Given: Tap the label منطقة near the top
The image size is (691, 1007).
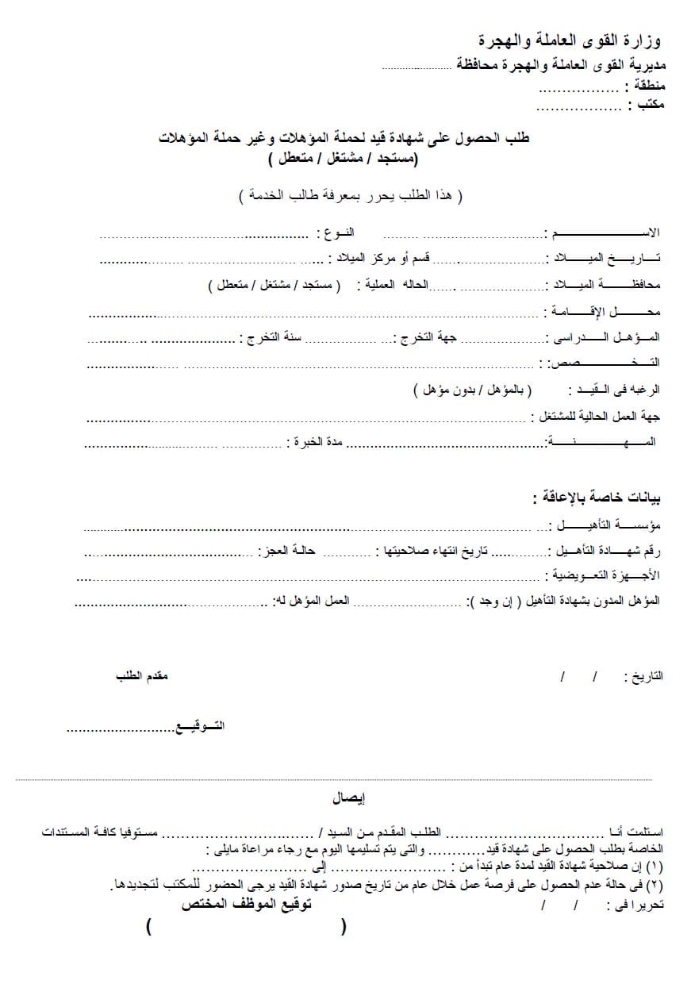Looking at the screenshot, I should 644,86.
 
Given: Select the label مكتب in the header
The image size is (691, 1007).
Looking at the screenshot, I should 647,105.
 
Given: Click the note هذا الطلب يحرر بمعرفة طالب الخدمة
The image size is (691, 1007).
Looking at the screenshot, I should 351,195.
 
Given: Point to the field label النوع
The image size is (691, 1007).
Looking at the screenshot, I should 335,233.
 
